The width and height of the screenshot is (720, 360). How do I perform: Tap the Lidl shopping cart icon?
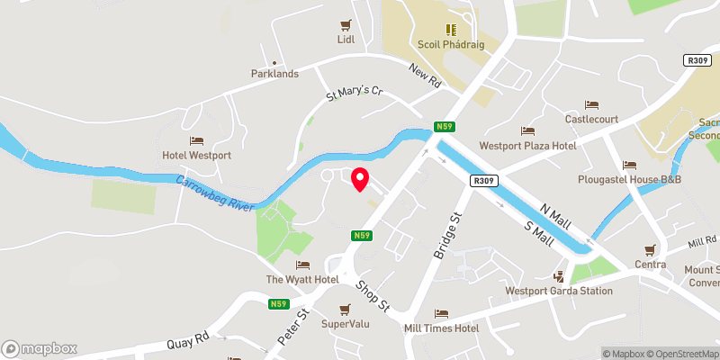[345, 25]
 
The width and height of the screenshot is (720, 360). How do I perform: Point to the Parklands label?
[274, 74]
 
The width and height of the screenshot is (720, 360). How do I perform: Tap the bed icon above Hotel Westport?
[196, 141]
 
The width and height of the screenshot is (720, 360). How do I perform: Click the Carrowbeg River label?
[216, 190]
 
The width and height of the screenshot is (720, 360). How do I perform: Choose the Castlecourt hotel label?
[591, 119]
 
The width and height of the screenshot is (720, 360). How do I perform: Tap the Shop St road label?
[371, 295]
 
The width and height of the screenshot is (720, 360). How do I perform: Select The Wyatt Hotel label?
[302, 280]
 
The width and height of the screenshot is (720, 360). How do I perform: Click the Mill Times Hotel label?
[441, 328]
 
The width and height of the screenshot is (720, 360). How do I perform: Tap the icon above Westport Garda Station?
[559, 276]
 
